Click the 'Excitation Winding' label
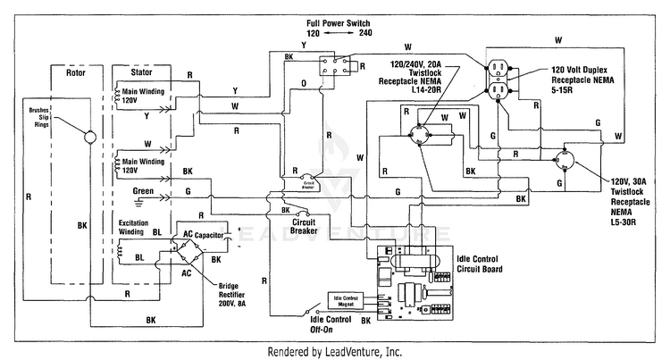tap(138, 226)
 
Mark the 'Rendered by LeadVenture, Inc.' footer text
tap(335, 351)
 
